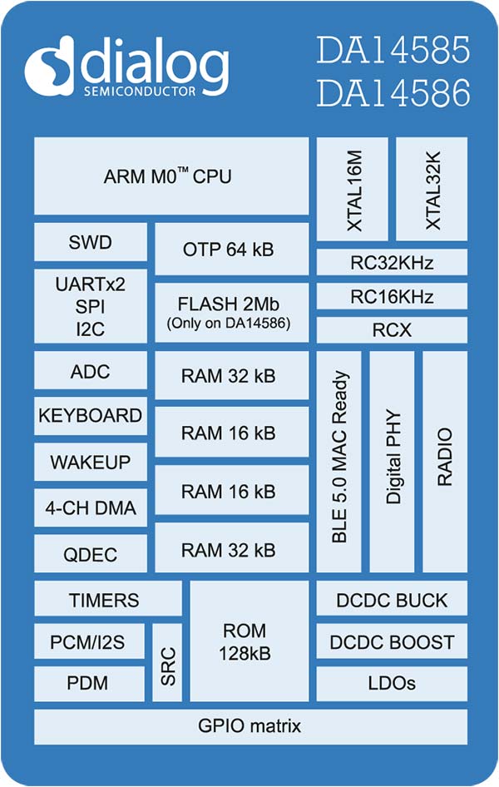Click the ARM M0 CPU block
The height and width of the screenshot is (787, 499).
tap(170, 176)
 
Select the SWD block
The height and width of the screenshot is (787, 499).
tap(91, 243)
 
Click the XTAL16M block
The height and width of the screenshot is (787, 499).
tap(353, 191)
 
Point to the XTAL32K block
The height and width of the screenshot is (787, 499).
tap(432, 191)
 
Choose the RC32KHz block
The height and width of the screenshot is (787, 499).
tap(392, 264)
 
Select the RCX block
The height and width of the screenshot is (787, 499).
tap(392, 330)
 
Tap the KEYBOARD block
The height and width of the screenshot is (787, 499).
tap(91, 415)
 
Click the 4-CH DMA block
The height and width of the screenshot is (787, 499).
tap(91, 507)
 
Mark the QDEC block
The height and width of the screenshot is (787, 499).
tap(91, 554)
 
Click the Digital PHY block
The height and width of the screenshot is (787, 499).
tap(393, 462)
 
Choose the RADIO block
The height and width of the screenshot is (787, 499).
tap(445, 462)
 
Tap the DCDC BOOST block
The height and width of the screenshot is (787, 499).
tap(392, 642)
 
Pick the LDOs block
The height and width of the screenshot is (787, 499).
tap(392, 684)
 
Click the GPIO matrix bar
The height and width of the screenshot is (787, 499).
tap(249, 726)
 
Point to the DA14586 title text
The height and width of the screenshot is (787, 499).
tap(393, 92)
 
